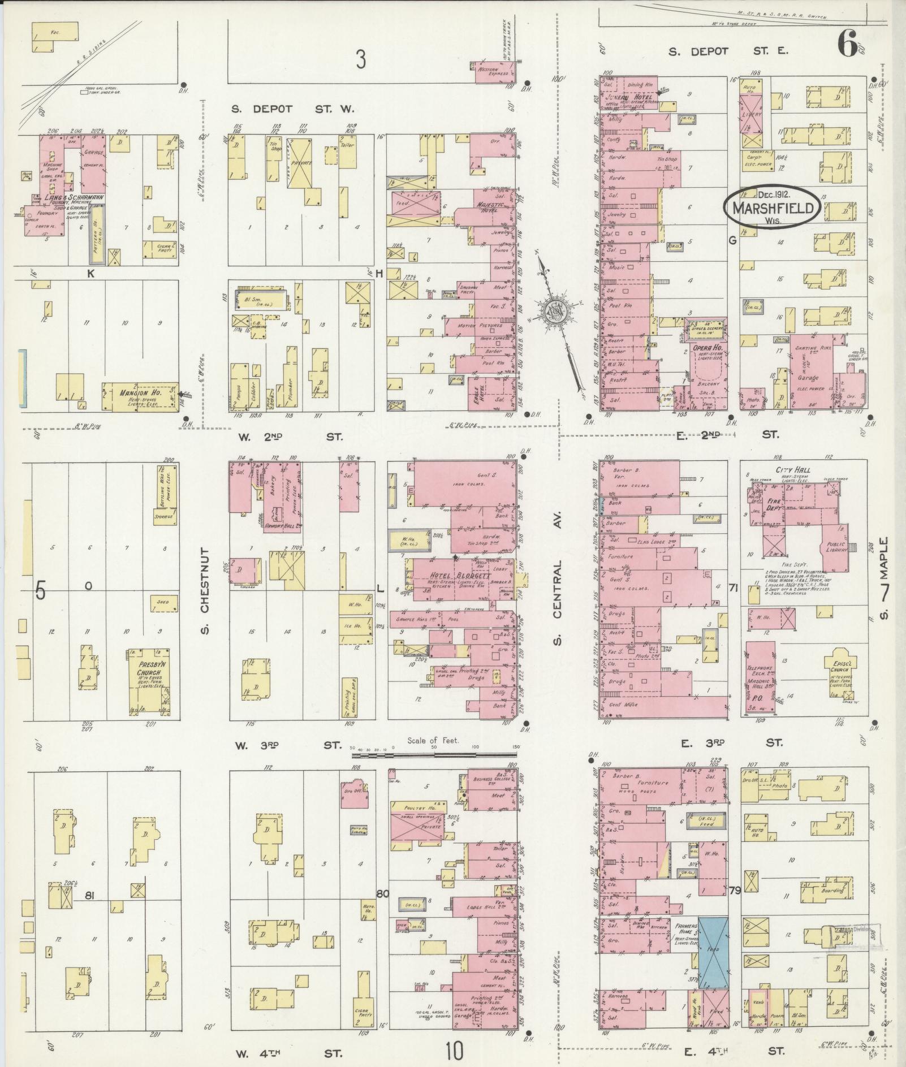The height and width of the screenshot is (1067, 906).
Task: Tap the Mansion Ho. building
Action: (139, 396)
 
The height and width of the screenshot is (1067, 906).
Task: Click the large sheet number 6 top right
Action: (848, 44)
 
